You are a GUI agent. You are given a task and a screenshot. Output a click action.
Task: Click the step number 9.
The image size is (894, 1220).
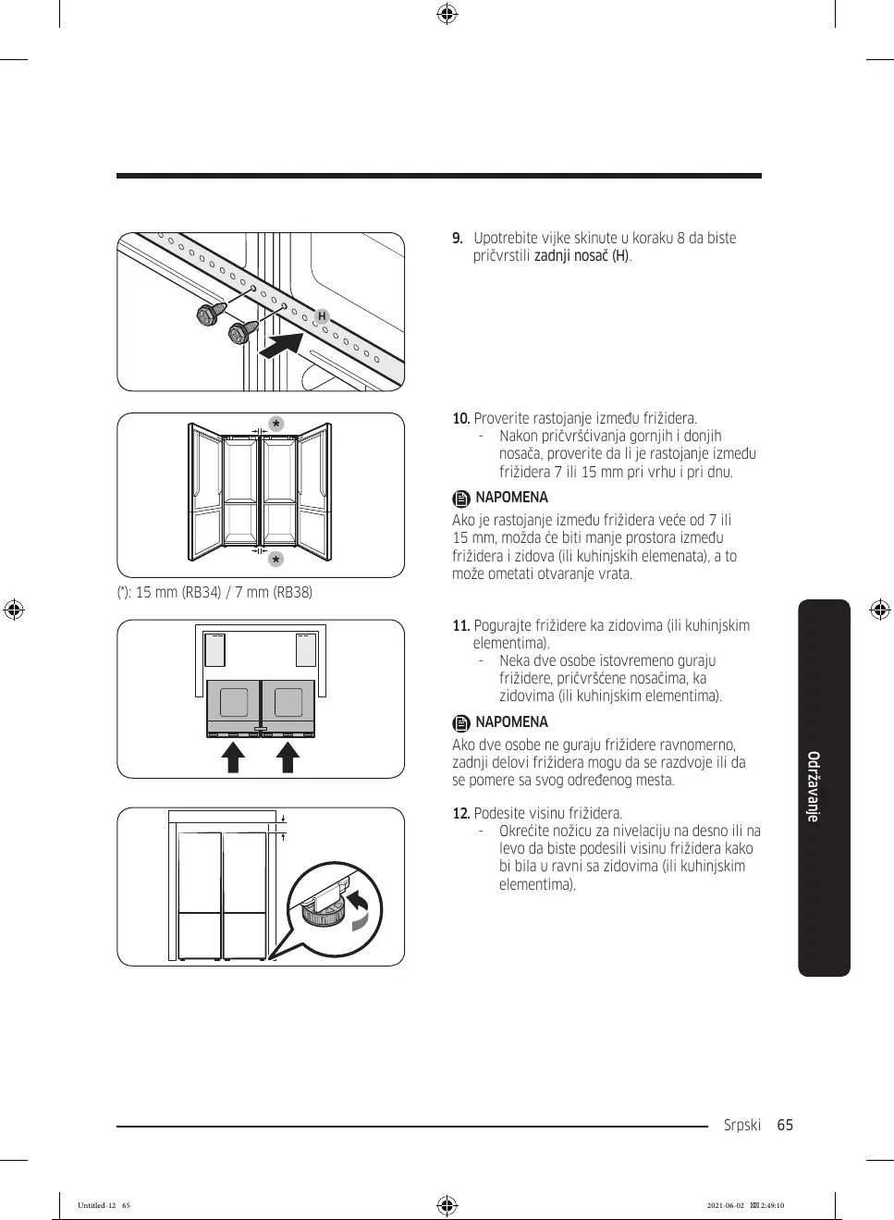click(457, 239)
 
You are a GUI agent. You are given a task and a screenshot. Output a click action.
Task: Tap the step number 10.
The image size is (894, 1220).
click(460, 419)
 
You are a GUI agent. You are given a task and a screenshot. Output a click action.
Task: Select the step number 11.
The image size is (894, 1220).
click(460, 626)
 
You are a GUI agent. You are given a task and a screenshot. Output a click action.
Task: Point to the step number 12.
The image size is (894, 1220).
click(460, 814)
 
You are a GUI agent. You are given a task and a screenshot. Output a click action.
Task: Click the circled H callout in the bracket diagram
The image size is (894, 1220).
click(322, 316)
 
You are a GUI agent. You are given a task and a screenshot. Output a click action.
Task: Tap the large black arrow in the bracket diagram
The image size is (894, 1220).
click(282, 346)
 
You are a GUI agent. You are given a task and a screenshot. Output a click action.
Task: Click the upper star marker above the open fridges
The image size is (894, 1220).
click(276, 425)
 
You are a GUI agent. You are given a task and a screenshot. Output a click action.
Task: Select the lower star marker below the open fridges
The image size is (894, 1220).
click(276, 560)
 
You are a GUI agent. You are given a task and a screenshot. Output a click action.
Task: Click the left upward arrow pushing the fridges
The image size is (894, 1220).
click(233, 756)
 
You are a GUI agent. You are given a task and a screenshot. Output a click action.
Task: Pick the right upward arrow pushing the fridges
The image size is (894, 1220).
click(288, 756)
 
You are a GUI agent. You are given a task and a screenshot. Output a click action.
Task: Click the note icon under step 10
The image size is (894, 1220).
click(461, 499)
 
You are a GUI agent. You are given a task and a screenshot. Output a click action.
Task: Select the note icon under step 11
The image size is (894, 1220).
click(461, 723)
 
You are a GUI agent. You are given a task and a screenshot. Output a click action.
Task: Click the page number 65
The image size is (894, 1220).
click(785, 1126)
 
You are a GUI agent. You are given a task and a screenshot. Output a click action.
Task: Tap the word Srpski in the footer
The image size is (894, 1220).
click(742, 1126)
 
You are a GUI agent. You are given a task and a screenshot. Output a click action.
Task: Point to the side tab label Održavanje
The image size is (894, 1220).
click(814, 786)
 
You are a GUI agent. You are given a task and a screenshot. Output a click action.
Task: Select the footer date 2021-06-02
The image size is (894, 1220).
click(726, 1205)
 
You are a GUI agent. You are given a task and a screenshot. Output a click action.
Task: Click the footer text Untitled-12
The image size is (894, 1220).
click(97, 1205)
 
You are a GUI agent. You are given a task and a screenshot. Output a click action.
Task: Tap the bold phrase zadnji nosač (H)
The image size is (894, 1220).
click(582, 256)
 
